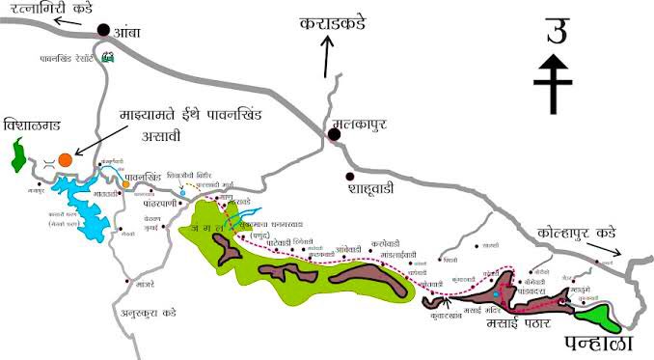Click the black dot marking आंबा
[x=103, y=32]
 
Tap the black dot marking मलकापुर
[x=334, y=135]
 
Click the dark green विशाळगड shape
[x=17, y=152]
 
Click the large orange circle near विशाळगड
[x=64, y=159]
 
